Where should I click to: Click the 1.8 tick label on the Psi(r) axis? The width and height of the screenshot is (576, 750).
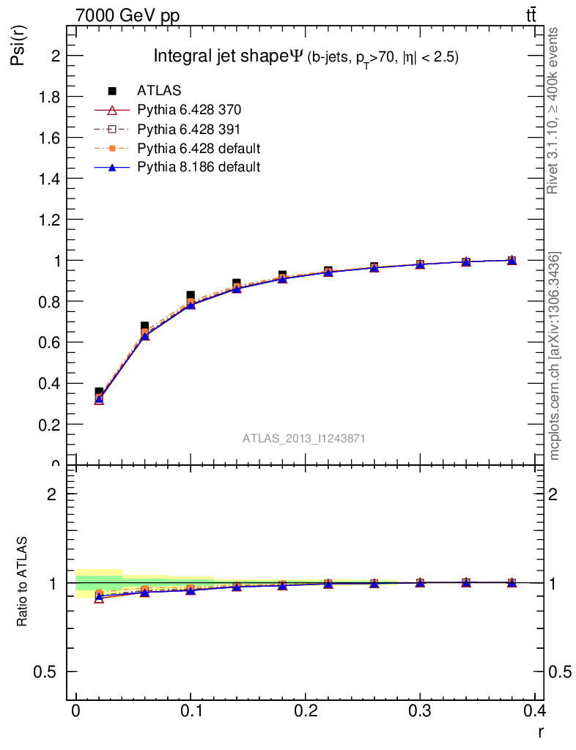click(49, 97)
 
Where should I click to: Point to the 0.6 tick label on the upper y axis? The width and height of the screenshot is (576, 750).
click(49, 342)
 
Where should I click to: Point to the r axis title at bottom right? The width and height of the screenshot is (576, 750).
click(540, 732)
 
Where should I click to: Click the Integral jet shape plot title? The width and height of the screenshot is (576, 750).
click(306, 57)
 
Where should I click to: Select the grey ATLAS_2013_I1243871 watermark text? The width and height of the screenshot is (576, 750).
click(304, 439)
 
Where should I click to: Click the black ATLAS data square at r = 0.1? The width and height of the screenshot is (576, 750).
click(191, 296)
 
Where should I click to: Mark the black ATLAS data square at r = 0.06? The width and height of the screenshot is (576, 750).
click(145, 326)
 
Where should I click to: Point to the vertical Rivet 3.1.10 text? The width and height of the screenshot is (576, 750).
click(553, 110)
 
